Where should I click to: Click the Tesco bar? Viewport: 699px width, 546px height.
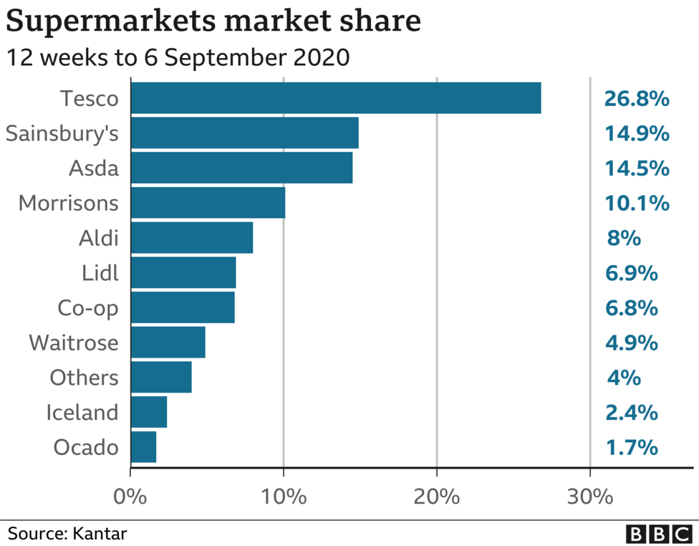pyautogui.click(x=335, y=98)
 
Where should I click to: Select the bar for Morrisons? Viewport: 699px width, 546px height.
pyautogui.click(x=208, y=203)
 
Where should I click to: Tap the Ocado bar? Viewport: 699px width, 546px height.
pyautogui.click(x=143, y=448)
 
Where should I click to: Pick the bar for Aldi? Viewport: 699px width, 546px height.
pyautogui.click(x=191, y=238)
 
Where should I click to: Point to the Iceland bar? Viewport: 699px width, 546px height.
pyautogui.click(x=149, y=413)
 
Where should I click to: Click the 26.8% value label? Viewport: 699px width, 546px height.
pyautogui.click(x=636, y=98)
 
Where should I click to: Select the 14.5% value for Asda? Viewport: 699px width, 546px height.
pyautogui.click(x=636, y=168)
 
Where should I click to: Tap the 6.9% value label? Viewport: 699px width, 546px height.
pyautogui.click(x=632, y=273)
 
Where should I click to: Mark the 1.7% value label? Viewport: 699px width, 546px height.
pyautogui.click(x=632, y=448)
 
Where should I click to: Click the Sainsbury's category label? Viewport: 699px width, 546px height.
pyautogui.click(x=62, y=134)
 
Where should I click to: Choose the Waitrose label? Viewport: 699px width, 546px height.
pyautogui.click(x=73, y=343)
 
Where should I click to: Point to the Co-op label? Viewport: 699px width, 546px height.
pyautogui.click(x=87, y=308)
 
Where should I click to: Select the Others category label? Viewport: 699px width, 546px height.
pyautogui.click(x=84, y=378)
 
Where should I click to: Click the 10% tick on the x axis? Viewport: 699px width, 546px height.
pyautogui.click(x=284, y=497)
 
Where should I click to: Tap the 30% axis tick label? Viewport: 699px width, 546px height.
pyautogui.click(x=589, y=497)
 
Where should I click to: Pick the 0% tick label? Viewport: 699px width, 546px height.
pyautogui.click(x=130, y=497)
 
